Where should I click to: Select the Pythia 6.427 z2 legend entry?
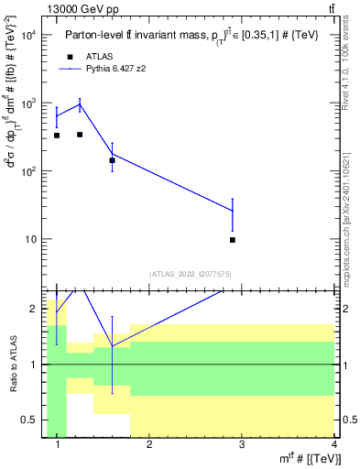tap(114, 68)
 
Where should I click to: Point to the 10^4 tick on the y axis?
tap(28, 35)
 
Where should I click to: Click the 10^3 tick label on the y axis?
tap(28, 104)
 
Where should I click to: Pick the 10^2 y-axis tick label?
tap(28, 171)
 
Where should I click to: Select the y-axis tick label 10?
tap(31, 239)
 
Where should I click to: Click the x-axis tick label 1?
tap(58, 445)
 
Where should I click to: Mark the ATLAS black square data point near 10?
tap(233, 240)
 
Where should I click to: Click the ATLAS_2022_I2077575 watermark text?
tap(190, 273)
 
